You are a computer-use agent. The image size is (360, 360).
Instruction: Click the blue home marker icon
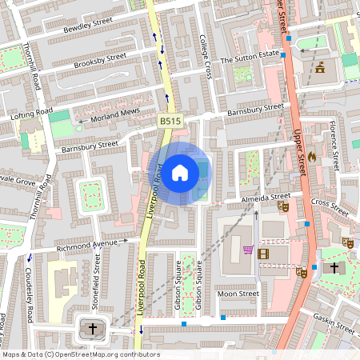(180, 173)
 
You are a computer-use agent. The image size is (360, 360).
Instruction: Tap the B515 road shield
(167, 120)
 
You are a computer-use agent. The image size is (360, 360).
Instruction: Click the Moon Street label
(238, 294)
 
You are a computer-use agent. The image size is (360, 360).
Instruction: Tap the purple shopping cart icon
(248, 250)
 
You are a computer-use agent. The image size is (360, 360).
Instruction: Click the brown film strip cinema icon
(263, 253)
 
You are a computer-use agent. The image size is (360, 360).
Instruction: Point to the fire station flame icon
(322, 158)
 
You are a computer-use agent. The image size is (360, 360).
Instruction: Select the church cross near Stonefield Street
(92, 329)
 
